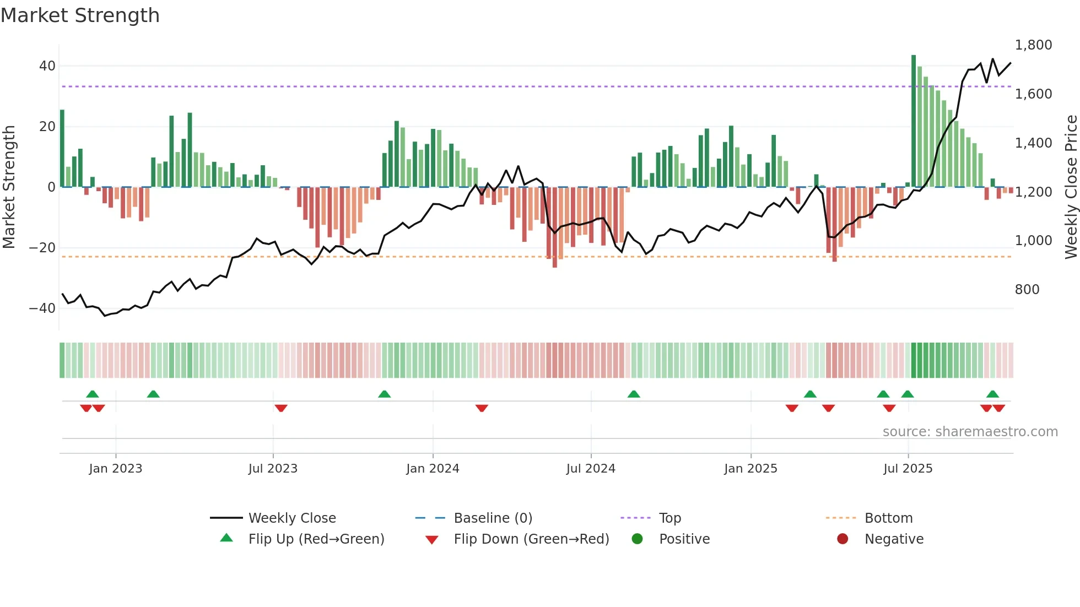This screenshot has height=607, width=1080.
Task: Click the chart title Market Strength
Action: [x=80, y=15]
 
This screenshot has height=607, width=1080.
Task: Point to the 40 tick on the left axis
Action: [x=47, y=66]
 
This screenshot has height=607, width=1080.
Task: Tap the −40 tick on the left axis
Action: [x=42, y=308]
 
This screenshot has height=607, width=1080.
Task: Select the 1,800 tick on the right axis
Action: [x=1033, y=45]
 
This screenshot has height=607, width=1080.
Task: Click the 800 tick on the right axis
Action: [x=1027, y=290]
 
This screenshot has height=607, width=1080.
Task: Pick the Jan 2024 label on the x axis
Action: [x=433, y=469]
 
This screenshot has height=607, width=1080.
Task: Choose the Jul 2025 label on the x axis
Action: [x=908, y=469]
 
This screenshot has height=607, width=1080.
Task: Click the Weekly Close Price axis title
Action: [x=1071, y=187]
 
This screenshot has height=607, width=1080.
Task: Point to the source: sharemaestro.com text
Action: [x=970, y=432]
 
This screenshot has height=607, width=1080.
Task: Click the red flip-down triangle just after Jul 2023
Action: [x=281, y=408]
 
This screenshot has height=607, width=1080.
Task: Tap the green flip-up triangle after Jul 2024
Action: [x=634, y=394]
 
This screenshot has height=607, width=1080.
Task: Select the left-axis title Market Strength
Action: [x=9, y=187]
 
